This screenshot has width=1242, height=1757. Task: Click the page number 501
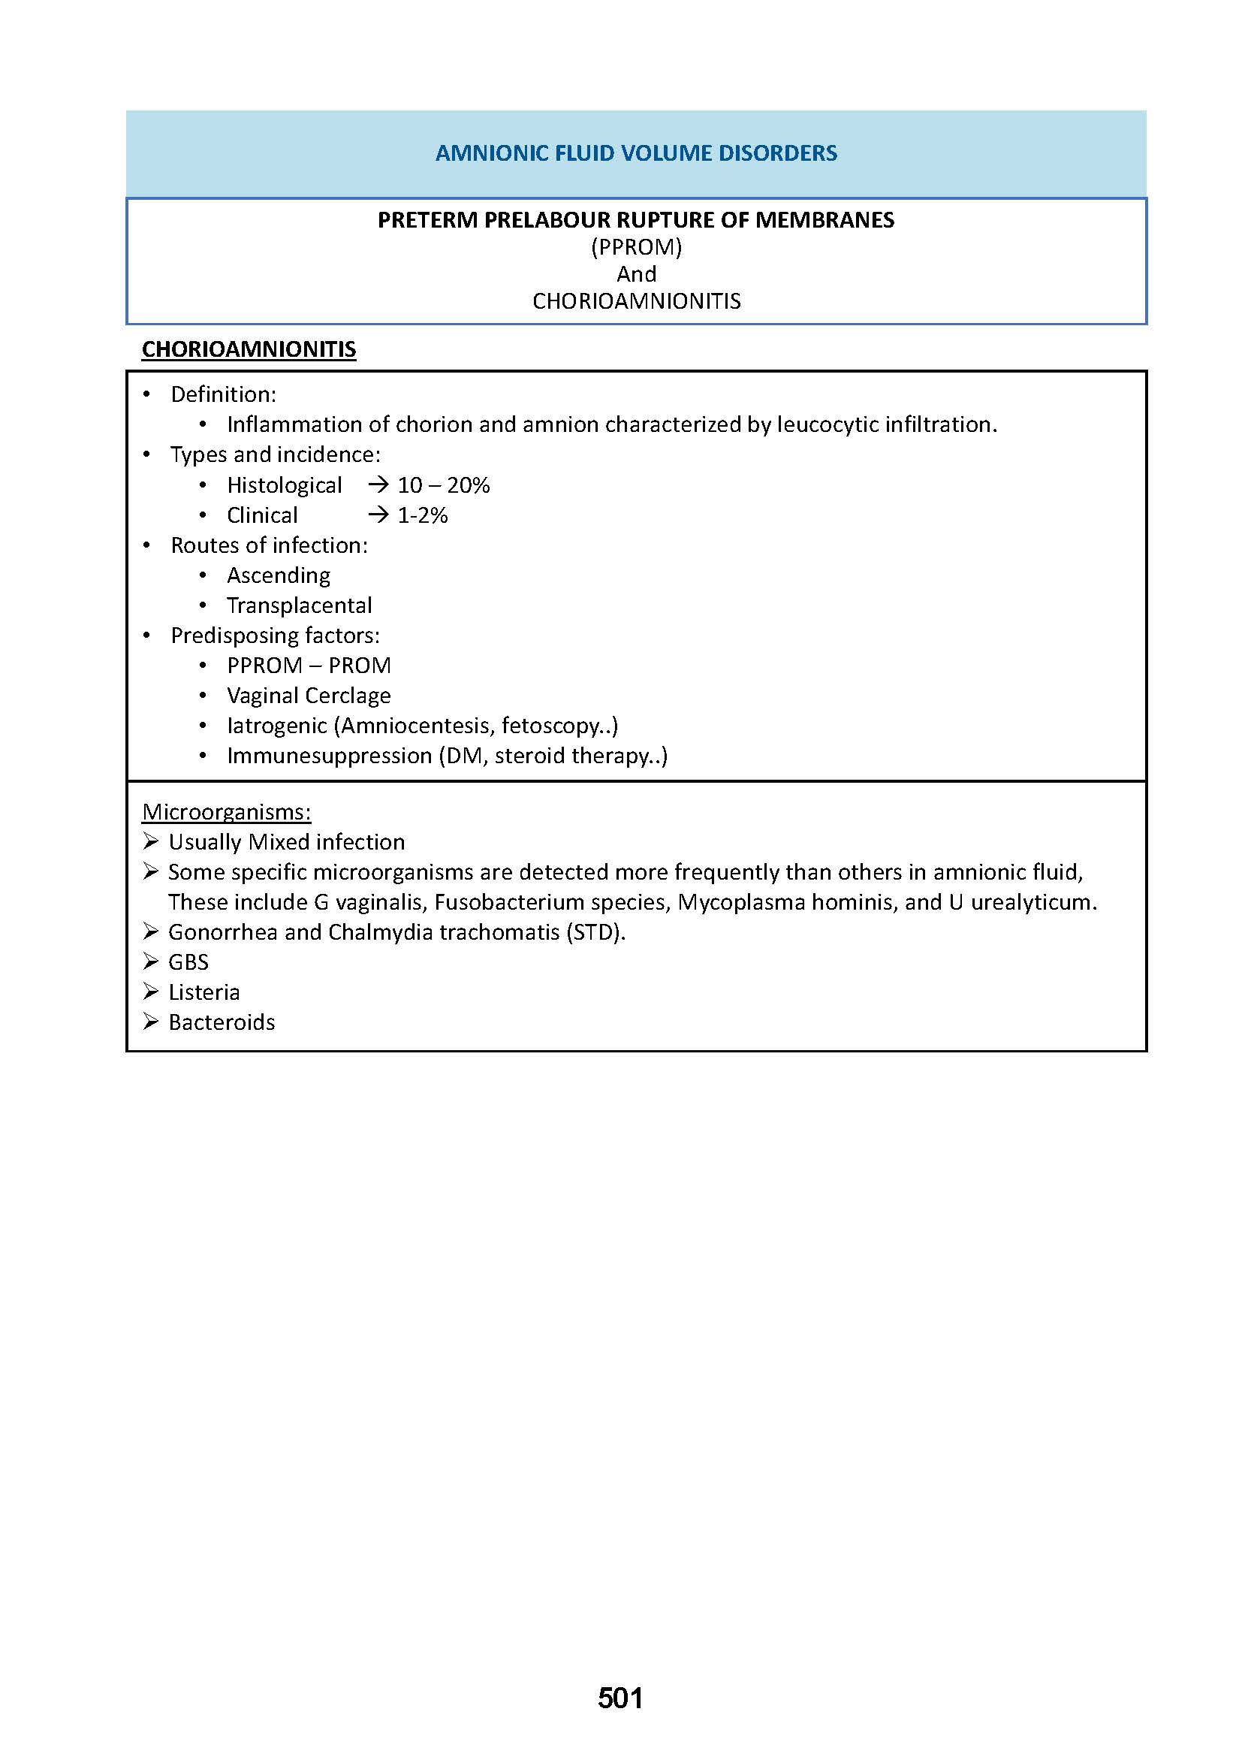point(620,1698)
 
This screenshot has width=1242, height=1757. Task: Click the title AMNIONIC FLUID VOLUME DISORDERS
point(636,153)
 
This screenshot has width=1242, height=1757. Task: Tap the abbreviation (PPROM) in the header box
point(636,247)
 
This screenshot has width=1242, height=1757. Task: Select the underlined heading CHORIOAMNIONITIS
point(249,350)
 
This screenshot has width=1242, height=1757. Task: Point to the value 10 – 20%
point(444,485)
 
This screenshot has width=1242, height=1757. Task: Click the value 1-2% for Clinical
point(422,515)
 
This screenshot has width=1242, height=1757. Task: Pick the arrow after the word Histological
point(378,485)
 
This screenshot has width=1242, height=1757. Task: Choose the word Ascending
point(279,575)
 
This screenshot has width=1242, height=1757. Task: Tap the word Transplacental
point(299,605)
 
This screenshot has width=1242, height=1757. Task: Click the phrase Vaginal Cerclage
point(308,696)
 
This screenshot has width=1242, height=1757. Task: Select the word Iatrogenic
point(277,726)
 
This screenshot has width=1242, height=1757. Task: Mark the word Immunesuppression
point(330,756)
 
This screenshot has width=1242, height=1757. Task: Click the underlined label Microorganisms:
point(226,812)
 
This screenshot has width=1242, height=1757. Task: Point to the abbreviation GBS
point(188,962)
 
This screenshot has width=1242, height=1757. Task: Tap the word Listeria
point(204,992)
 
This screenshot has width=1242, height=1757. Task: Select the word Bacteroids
point(222,1022)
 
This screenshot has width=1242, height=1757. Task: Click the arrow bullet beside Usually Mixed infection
point(151,842)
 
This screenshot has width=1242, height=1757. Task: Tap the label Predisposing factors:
point(276,635)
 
